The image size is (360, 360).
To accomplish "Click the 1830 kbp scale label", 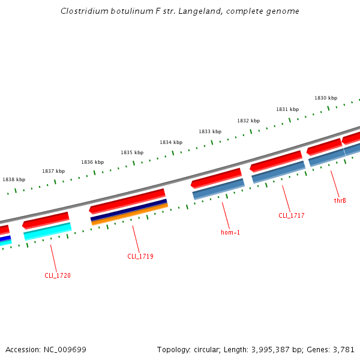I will (x=326, y=98).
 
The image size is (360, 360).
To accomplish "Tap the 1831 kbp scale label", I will (x=287, y=109).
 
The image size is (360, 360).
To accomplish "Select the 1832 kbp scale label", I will (x=248, y=121).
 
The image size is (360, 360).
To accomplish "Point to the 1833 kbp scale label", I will (x=210, y=131).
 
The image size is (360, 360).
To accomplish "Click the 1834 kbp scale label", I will (x=171, y=142).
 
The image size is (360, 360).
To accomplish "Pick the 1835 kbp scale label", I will (x=132, y=152).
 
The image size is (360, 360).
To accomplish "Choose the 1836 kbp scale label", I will (x=92, y=162).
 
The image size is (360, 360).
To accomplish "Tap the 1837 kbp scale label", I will (x=53, y=171).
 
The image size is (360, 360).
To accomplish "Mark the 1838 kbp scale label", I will (x=14, y=179).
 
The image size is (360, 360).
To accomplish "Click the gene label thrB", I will (x=340, y=200).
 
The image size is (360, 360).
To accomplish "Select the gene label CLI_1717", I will (x=292, y=215).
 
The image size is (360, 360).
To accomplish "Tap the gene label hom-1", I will (x=230, y=232).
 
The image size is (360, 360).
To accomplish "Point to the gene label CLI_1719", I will (x=140, y=256).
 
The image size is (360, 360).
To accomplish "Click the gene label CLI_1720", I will (x=58, y=275).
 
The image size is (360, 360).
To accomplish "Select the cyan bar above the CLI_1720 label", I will (x=48, y=231).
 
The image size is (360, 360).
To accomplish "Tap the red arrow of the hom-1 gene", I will (x=217, y=178).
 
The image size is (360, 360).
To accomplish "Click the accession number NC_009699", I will (x=65, y=349).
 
